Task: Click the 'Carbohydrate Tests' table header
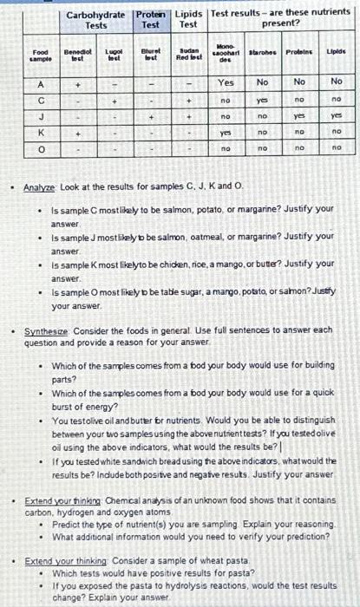point(97,19)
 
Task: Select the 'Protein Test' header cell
point(151,19)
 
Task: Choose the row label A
point(41,83)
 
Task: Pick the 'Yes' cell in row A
point(226,83)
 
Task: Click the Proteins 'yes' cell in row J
point(300,116)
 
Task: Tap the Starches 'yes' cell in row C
point(262,101)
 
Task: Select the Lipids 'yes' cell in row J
point(337,116)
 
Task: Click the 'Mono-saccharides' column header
point(226,55)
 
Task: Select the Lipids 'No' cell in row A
point(337,83)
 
